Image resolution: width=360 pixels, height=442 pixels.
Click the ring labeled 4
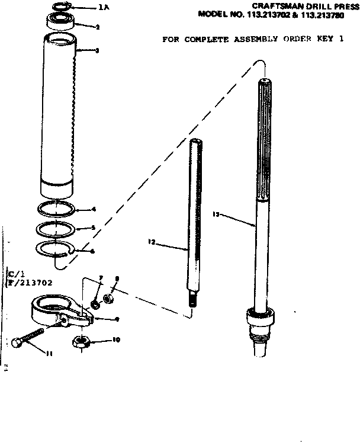point(56,209)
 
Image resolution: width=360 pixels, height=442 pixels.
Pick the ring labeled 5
point(56,228)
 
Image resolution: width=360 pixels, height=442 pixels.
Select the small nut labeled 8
point(108,298)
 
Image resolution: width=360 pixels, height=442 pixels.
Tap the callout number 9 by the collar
point(117,319)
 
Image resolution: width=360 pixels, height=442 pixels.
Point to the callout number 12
point(151,242)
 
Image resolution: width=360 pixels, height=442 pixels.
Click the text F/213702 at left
point(29,283)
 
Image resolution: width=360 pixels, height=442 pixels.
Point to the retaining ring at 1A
point(60,7)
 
